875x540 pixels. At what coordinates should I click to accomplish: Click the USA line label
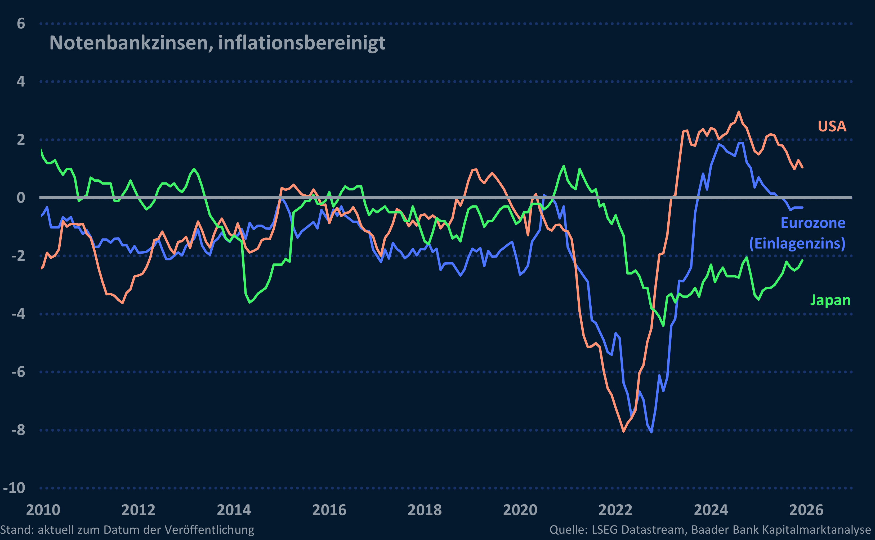point(832,126)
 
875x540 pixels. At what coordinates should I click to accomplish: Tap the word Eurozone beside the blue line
point(812,223)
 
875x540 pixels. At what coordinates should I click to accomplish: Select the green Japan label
point(830,300)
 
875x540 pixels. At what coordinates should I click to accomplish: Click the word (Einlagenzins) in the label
point(797,244)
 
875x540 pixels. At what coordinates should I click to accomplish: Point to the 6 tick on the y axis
point(21,24)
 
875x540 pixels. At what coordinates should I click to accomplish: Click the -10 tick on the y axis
point(14,488)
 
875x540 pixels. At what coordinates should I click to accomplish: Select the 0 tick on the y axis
point(21,198)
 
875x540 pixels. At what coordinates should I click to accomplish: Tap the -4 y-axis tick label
point(18,314)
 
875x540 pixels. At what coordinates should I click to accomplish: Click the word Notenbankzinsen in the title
point(131,43)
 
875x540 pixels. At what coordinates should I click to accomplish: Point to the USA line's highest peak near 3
point(739,112)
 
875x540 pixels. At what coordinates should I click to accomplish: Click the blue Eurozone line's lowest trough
point(651,432)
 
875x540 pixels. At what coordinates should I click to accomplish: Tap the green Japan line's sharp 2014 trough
point(249,303)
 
